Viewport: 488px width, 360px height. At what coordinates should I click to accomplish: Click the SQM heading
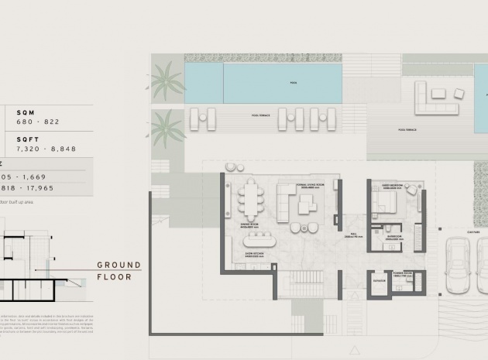pyautogui.click(x=26, y=112)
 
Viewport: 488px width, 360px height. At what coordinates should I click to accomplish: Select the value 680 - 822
pyautogui.click(x=38, y=122)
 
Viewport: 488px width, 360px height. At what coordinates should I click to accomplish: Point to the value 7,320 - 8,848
pyautogui.click(x=46, y=149)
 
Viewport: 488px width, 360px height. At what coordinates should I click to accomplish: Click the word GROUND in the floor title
pyautogui.click(x=119, y=266)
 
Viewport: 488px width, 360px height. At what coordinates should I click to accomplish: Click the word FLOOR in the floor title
pyautogui.click(x=115, y=276)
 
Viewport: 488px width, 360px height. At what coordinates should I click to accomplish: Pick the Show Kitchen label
pyautogui.click(x=256, y=253)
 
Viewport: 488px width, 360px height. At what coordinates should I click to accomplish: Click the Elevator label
pyautogui.click(x=380, y=281)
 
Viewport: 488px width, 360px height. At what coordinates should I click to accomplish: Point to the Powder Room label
pyautogui.click(x=403, y=273)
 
